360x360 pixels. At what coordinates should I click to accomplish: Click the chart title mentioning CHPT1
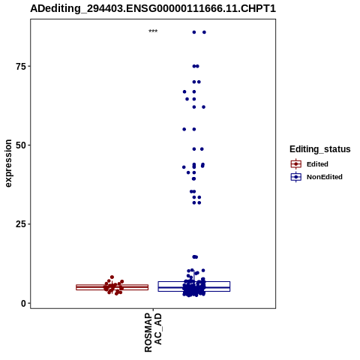pyautogui.click(x=153, y=9)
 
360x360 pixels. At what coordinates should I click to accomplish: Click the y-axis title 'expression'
pyautogui.click(x=8, y=163)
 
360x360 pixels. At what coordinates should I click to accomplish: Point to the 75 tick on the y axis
pyautogui.click(x=20, y=67)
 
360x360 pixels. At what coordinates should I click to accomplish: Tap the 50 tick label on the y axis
pyautogui.click(x=20, y=145)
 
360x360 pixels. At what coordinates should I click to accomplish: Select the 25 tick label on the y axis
pyautogui.click(x=20, y=224)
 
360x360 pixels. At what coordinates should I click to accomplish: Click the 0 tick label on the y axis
pyautogui.click(x=23, y=304)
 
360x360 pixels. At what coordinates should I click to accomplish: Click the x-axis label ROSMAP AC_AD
pyautogui.click(x=153, y=332)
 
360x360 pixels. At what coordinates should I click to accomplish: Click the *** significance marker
pyautogui.click(x=153, y=31)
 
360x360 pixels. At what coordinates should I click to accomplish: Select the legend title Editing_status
pyautogui.click(x=320, y=149)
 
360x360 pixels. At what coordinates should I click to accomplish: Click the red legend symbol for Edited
pyautogui.click(x=296, y=164)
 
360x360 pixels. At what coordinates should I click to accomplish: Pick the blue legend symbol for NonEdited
pyautogui.click(x=296, y=177)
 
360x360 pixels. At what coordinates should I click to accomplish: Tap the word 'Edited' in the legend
pyautogui.click(x=317, y=164)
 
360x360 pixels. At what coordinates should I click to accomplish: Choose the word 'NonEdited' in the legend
pyautogui.click(x=325, y=177)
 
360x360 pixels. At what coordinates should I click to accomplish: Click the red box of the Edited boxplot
pyautogui.click(x=112, y=287)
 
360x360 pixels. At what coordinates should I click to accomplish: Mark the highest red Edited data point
pyautogui.click(x=112, y=277)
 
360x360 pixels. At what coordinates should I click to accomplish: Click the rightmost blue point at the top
pyautogui.click(x=204, y=32)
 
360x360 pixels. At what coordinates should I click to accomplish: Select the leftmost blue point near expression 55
pyautogui.click(x=184, y=129)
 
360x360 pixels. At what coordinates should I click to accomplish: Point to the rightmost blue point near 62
pyautogui.click(x=203, y=107)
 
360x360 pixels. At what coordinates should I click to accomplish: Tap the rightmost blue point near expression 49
pyautogui.click(x=202, y=149)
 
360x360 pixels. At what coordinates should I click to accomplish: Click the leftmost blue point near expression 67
pyautogui.click(x=184, y=91)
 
